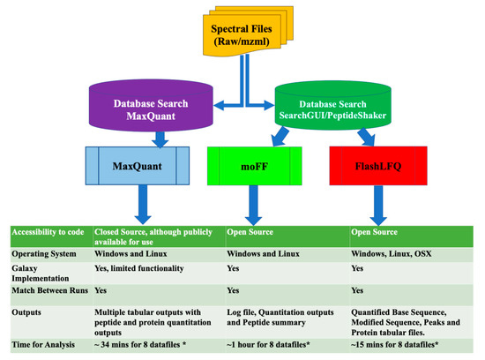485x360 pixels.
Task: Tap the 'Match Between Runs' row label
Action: [x=47, y=289]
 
